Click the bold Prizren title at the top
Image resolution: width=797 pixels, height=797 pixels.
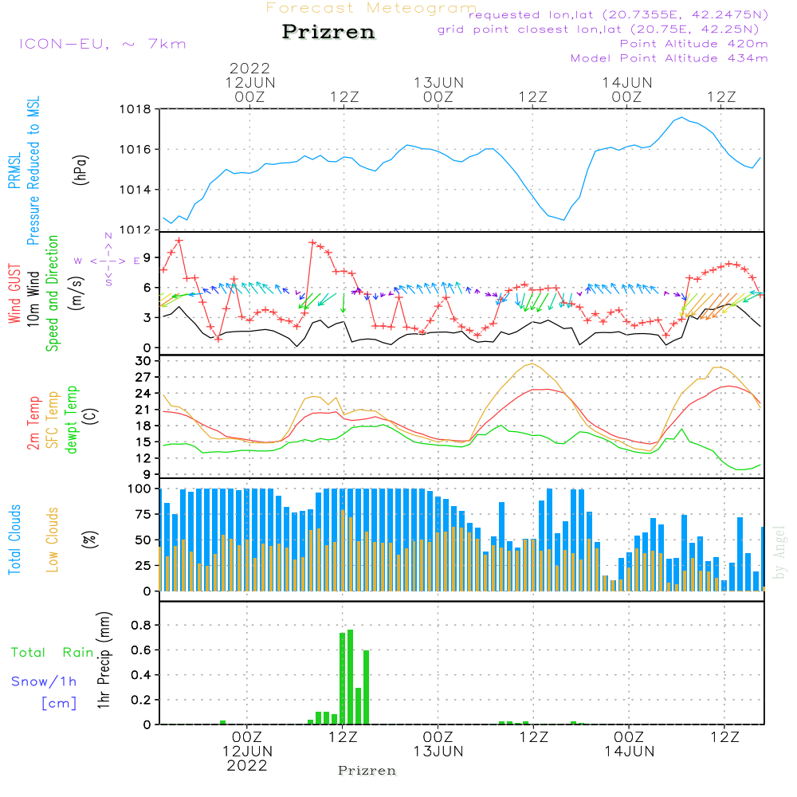point(328,32)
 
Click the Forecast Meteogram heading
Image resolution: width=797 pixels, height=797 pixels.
point(371,8)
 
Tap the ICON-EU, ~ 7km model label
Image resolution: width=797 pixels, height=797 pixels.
point(103,44)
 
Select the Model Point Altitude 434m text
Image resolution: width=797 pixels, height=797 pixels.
point(669,58)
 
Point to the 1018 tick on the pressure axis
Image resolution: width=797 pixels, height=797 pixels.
point(135,109)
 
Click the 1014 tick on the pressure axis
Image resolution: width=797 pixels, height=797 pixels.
point(135,190)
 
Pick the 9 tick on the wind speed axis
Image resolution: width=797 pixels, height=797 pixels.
point(147,257)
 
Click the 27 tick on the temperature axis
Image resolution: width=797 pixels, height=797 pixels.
point(143,377)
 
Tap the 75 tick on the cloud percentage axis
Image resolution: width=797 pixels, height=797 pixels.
point(143,514)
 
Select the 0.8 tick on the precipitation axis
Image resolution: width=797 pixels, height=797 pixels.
point(141,625)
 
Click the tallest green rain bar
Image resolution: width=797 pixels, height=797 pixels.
point(350,677)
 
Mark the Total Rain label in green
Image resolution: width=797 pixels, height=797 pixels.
point(53,653)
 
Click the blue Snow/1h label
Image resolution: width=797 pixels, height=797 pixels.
point(44,681)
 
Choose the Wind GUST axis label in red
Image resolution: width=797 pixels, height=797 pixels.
point(14,293)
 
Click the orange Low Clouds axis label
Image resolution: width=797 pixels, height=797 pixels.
point(52,540)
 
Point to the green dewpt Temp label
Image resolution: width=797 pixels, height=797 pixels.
point(72,419)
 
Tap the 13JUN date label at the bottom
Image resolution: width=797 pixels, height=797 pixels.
point(438,752)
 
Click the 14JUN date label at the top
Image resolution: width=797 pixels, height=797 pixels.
point(626,82)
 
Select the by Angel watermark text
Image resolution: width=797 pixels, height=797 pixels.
point(779,552)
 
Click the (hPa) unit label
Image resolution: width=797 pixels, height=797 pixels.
point(80,170)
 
